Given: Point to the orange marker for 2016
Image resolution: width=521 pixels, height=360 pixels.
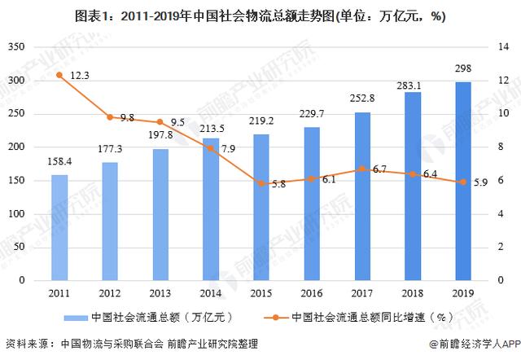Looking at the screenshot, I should [312, 178].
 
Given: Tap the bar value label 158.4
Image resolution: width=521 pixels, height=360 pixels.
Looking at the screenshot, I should [59, 161].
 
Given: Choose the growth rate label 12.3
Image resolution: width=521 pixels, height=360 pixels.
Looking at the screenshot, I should [79, 75].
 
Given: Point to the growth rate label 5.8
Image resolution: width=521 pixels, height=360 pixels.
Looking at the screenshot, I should [278, 184].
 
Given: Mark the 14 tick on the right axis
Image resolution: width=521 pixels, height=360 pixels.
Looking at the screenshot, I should [492, 47].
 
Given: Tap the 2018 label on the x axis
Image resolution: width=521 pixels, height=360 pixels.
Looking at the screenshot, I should [413, 292].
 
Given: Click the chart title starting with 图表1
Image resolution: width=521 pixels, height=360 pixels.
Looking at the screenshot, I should [260, 17].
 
